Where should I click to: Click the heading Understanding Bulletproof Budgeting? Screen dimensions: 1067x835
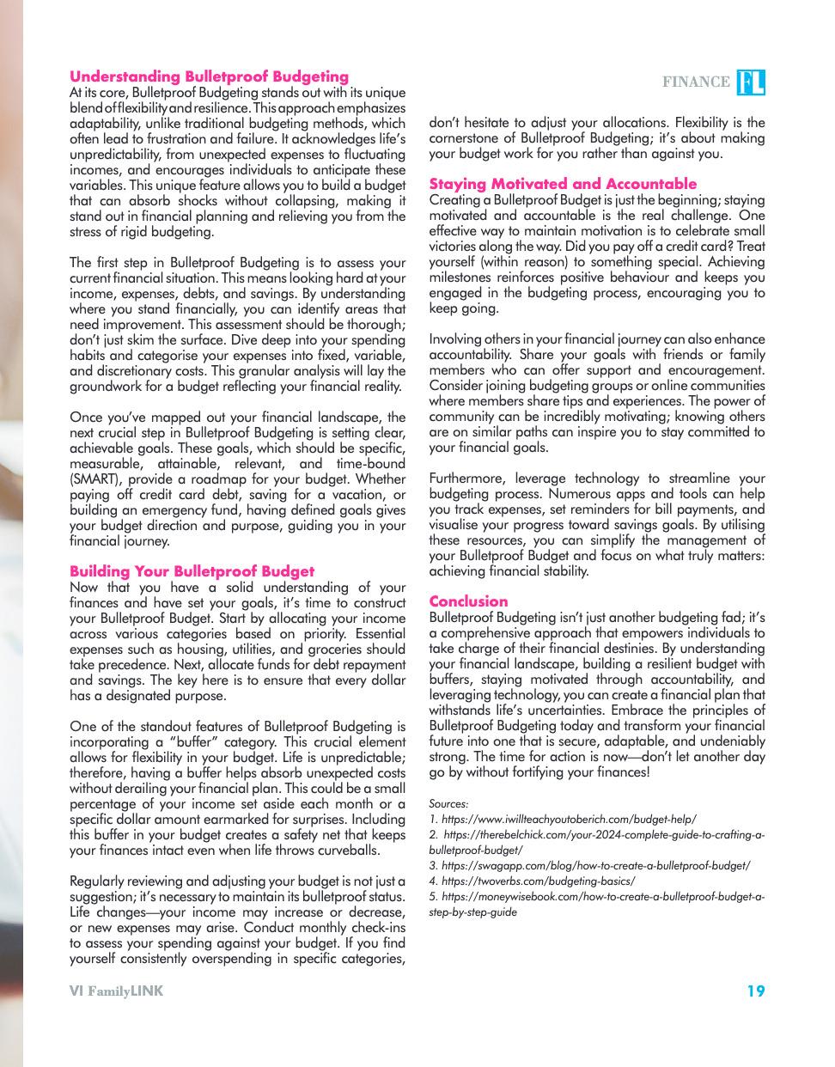pyautogui.click(x=209, y=76)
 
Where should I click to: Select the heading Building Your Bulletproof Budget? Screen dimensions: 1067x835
pyautogui.click(x=192, y=571)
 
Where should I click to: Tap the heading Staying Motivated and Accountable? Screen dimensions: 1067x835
pyautogui.click(x=563, y=184)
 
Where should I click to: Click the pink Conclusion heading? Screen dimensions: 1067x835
pyautogui.click(x=468, y=601)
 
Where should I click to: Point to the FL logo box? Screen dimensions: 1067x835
pyautogui.click(x=751, y=82)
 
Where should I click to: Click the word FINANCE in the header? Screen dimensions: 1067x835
pyautogui.click(x=696, y=82)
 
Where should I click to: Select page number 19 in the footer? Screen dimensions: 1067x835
pyautogui.click(x=755, y=991)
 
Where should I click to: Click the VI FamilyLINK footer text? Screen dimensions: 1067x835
pyautogui.click(x=116, y=991)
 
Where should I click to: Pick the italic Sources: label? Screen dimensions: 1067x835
pyautogui.click(x=448, y=804)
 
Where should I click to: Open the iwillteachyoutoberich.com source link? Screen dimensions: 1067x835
pyautogui.click(x=568, y=820)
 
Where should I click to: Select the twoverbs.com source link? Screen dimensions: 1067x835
pyautogui.click(x=538, y=881)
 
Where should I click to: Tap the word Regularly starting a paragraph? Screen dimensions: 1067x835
pyautogui.click(x=99, y=881)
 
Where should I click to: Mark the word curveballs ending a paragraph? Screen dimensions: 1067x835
pyautogui.click(x=348, y=851)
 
